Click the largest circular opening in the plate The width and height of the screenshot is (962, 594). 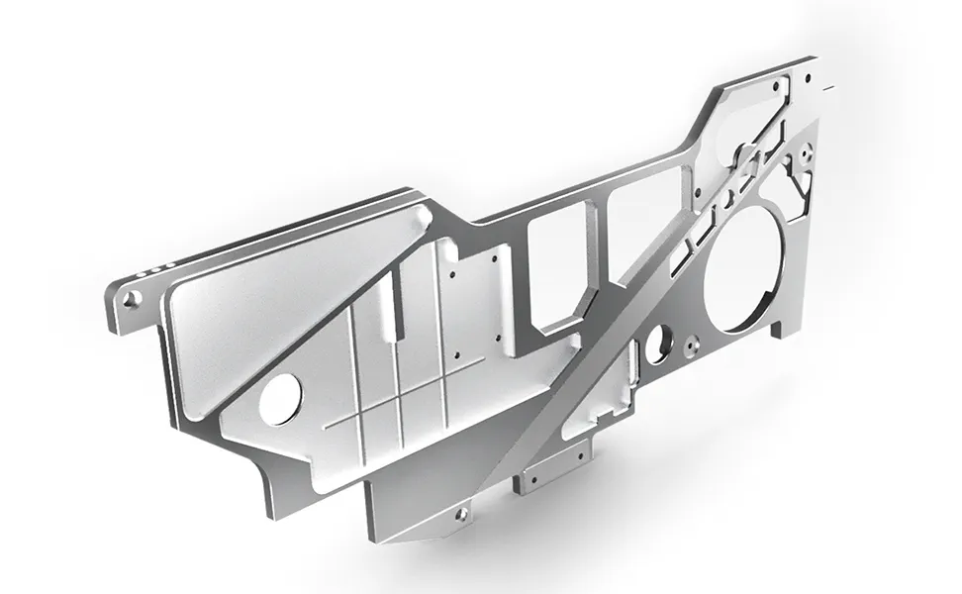pos(744,266)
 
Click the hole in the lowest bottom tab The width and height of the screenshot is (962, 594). pos(461,515)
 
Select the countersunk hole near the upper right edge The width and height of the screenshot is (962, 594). pos(808,153)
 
